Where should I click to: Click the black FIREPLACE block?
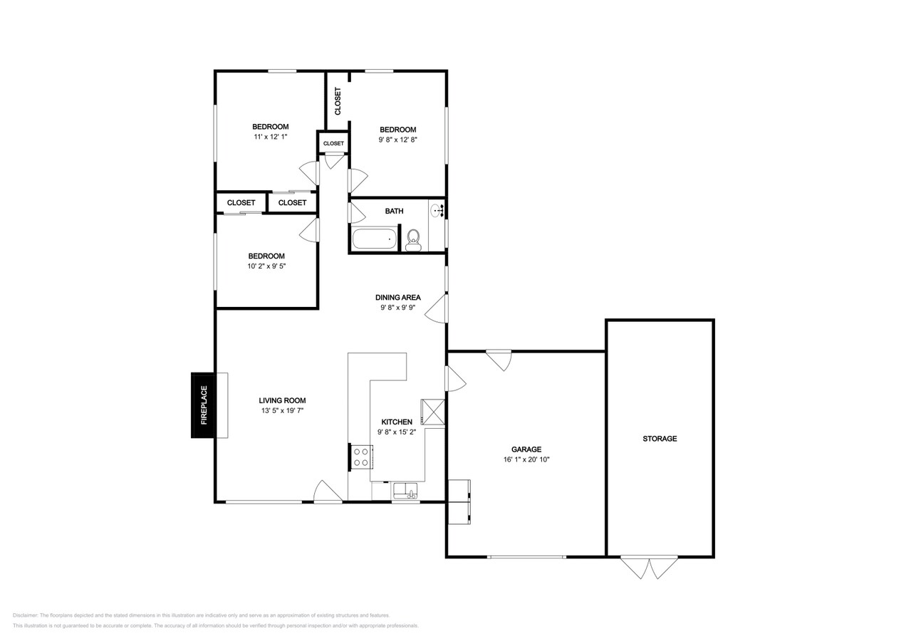point(203,405)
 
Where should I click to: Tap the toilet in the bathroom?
point(413,240)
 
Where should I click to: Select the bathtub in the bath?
point(375,239)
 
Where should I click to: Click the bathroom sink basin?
point(437,209)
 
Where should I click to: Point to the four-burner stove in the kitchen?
point(361,457)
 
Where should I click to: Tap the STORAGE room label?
point(660,439)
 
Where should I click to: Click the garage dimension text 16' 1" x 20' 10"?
point(526,460)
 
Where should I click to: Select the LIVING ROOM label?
point(282,400)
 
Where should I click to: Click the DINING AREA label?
point(397,298)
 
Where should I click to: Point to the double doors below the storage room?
point(649,567)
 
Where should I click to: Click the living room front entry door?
point(328,492)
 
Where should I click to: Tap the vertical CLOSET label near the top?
point(338,101)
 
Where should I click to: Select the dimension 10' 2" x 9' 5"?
point(266,266)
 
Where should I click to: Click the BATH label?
point(394,211)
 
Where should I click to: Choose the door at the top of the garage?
point(499,359)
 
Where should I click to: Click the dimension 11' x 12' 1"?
point(270,137)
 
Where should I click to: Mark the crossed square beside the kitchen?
point(433,412)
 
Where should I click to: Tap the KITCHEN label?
point(396,422)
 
